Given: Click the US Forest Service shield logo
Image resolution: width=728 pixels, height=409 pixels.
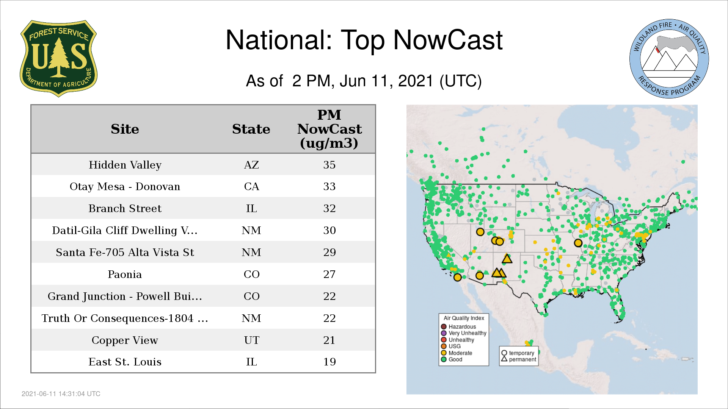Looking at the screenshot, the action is [x=58, y=58].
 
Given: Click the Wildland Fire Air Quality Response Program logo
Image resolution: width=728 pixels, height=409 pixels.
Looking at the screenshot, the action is [x=669, y=59].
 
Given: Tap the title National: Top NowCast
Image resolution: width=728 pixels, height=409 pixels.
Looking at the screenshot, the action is [x=364, y=40].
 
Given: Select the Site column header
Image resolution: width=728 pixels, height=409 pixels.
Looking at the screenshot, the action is [x=125, y=129].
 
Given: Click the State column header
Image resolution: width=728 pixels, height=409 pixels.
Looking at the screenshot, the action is [x=251, y=129].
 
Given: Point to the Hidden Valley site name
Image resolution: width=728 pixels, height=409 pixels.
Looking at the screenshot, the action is [x=125, y=165].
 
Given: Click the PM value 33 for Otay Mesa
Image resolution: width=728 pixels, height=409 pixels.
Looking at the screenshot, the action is [x=329, y=186].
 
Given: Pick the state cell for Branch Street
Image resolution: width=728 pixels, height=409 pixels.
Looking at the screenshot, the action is [x=251, y=208].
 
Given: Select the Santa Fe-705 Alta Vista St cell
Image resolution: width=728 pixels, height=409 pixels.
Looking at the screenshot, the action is [x=125, y=252].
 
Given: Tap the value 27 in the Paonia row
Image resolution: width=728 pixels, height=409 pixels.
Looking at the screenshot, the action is [x=329, y=274].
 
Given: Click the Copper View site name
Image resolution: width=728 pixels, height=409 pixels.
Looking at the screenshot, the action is [x=125, y=340].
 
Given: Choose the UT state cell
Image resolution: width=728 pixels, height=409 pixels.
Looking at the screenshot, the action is [x=251, y=340].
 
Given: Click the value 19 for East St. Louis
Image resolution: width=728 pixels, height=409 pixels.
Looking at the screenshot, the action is [x=329, y=362].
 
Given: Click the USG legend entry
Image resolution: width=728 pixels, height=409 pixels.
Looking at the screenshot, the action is [x=451, y=346].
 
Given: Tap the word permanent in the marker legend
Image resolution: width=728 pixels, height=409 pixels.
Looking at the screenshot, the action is [x=522, y=359].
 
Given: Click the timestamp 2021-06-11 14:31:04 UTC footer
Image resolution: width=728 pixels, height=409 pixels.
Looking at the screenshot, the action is [x=61, y=394].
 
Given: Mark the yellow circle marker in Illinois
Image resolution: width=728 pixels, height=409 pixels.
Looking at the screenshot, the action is [x=578, y=243].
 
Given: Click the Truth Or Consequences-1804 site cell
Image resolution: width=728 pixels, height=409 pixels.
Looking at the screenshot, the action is [x=125, y=318].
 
